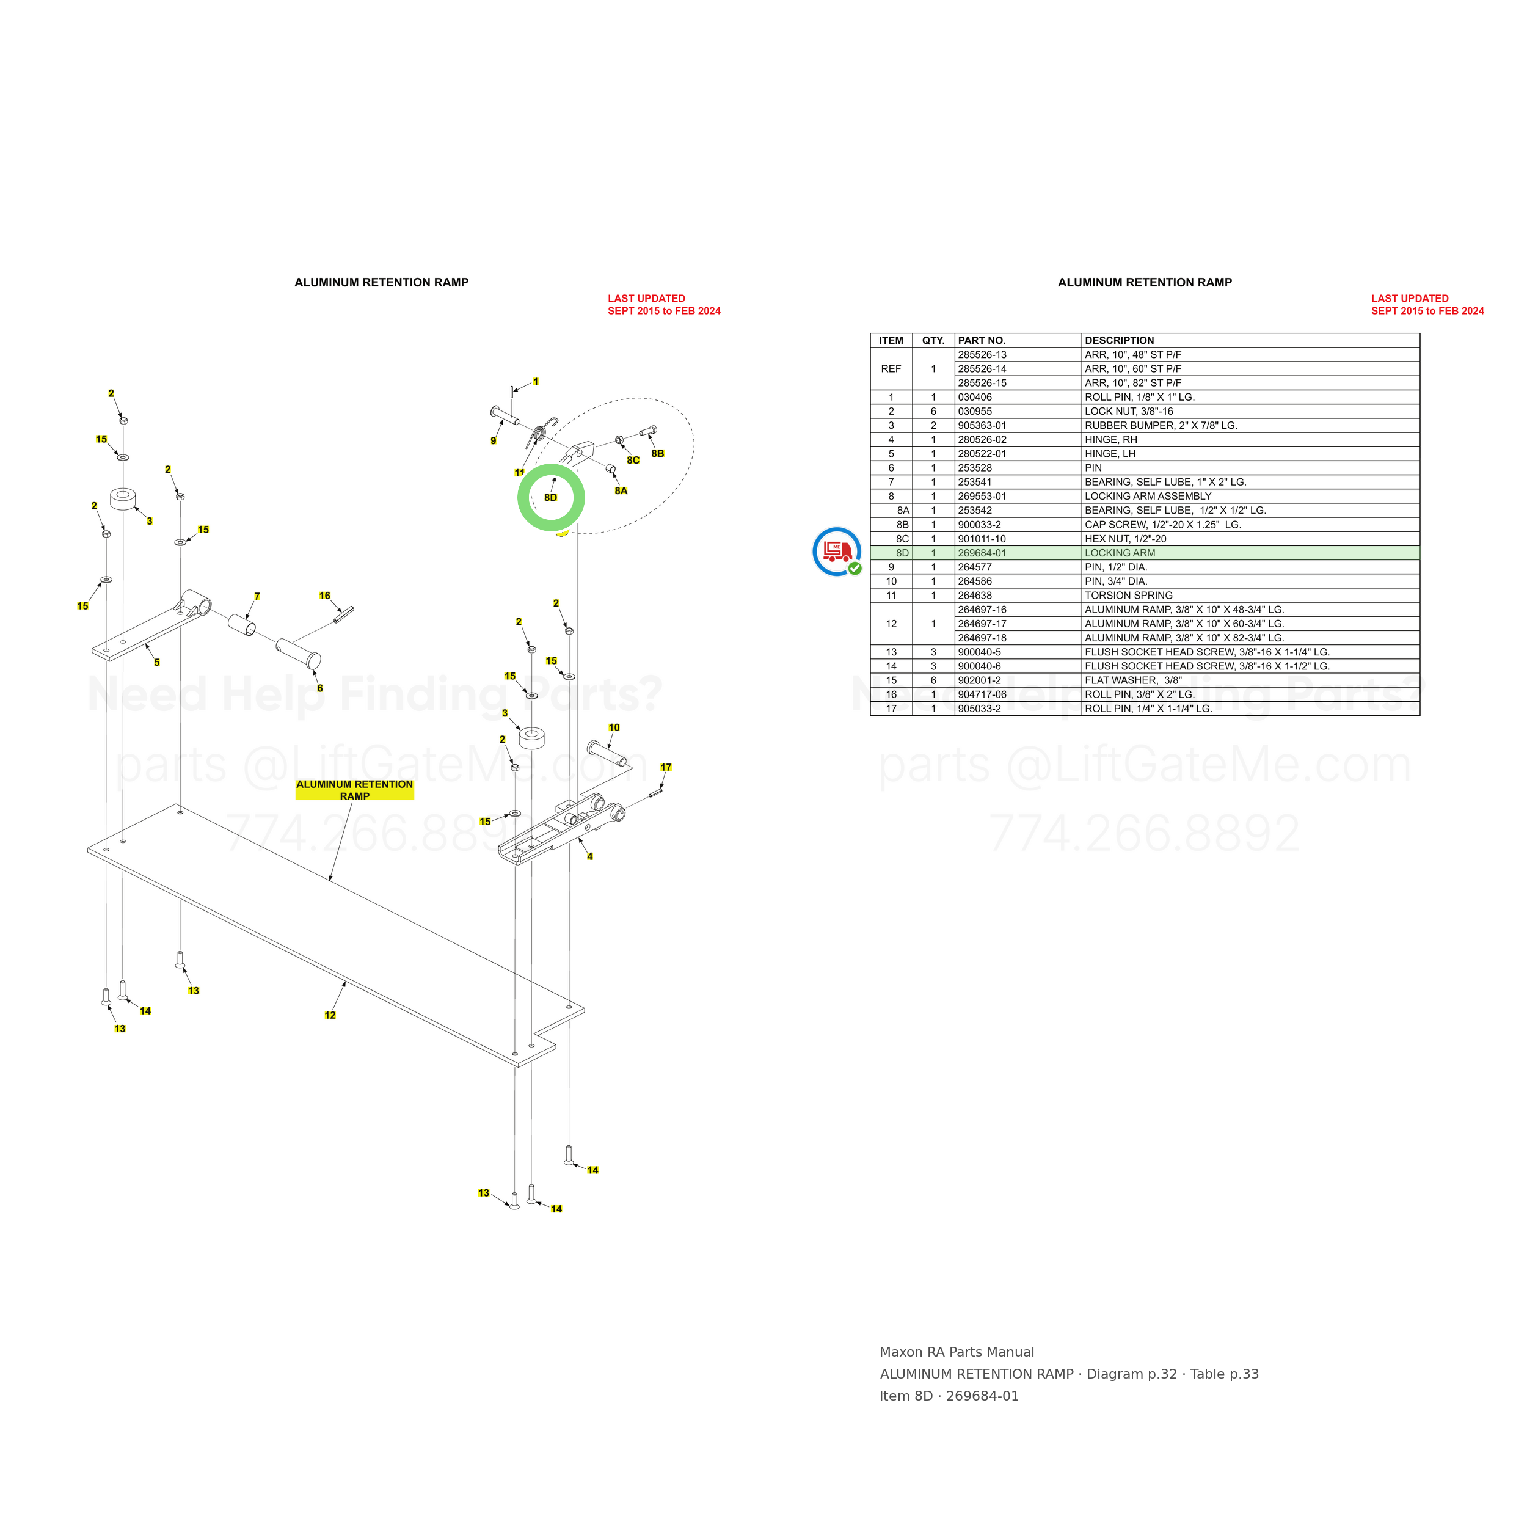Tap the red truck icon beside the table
(836, 551)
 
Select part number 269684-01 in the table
(982, 553)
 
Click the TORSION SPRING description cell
(1128, 595)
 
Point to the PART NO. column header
(981, 341)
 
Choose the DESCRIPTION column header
(1119, 341)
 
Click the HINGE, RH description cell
(1110, 439)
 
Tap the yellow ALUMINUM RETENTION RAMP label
(355, 790)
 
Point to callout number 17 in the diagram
(666, 767)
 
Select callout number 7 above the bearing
(257, 597)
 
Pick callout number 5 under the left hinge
(156, 662)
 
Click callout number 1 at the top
(536, 382)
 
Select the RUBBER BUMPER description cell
(1161, 425)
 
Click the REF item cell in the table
(891, 369)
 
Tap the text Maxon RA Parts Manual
(957, 1352)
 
